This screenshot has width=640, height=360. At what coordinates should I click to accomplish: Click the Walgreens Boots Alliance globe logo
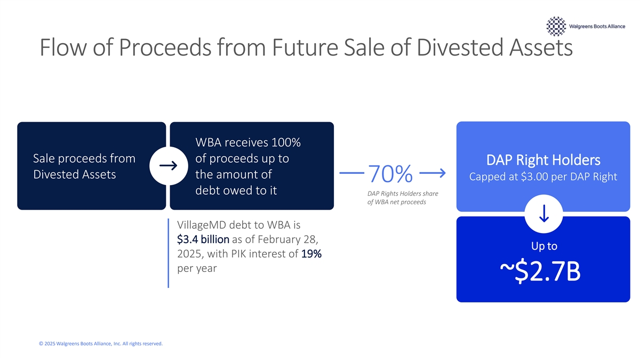coord(556,26)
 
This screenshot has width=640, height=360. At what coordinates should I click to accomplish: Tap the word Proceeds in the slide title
coord(165,47)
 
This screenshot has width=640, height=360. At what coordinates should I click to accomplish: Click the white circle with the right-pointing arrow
coord(169,166)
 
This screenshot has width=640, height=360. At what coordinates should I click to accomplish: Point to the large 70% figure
coord(390,173)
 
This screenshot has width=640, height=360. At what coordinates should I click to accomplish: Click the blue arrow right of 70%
coord(433,173)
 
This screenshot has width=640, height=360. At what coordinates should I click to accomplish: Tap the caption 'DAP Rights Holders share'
coord(403,194)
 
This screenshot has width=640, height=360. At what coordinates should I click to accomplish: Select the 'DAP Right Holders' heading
coord(543,160)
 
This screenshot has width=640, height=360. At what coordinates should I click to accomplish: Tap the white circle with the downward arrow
coord(543,214)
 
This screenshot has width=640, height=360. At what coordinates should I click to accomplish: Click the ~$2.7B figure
coord(540,271)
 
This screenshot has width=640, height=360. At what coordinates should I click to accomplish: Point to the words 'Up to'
coord(544,246)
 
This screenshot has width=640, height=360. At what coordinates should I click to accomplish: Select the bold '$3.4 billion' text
coord(203,239)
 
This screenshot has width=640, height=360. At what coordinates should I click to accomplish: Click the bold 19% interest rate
coord(311,253)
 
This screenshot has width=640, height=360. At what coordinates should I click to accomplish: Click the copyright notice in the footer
coord(101,343)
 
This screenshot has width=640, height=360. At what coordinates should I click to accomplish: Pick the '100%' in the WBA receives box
coord(286,142)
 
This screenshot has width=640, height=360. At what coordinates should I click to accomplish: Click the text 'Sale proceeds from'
coord(84,158)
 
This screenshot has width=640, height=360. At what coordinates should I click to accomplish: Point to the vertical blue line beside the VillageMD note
coord(169,253)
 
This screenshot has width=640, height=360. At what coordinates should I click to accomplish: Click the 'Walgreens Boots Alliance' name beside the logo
coord(597,26)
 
